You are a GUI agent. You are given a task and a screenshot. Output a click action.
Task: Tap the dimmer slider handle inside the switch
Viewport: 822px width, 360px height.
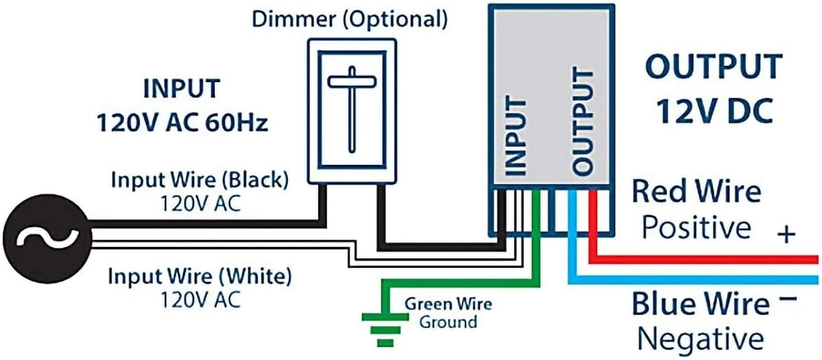351,81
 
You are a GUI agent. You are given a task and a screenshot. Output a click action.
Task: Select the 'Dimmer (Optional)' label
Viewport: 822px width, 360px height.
350,20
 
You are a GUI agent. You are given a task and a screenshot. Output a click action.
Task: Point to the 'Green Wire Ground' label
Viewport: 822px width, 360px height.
448,313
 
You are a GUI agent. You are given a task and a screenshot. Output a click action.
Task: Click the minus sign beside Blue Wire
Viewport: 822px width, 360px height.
787,300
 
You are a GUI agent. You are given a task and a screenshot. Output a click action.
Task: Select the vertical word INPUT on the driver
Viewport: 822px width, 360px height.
515,137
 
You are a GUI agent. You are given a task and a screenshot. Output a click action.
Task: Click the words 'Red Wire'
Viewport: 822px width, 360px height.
696,192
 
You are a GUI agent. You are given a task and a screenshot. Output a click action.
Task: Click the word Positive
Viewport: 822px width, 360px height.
696,227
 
